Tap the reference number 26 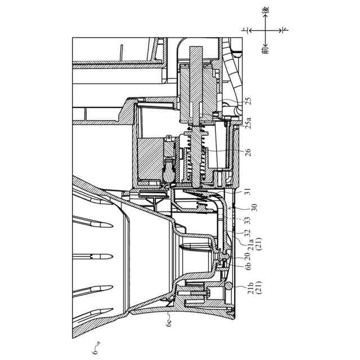click(x=248, y=152)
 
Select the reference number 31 click(x=248, y=191)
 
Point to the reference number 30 click(x=248, y=207)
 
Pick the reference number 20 click(x=248, y=256)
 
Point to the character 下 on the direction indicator click(x=285, y=30)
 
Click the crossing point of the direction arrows click(x=265, y=30)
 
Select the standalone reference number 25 click(x=248, y=102)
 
